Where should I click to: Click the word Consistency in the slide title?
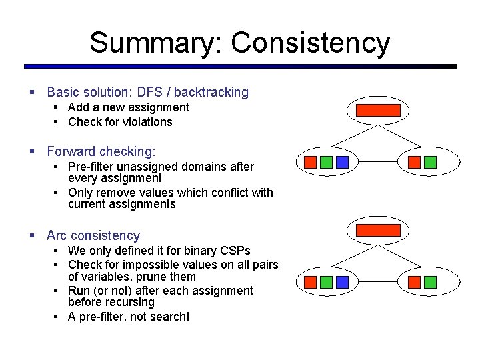[x=310, y=43]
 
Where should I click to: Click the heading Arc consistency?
[x=93, y=235]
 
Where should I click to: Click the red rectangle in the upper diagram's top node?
[x=378, y=110]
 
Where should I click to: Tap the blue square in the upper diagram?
[x=342, y=162]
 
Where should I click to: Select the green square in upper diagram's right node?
[x=430, y=162]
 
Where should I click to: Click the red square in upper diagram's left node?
[x=310, y=162]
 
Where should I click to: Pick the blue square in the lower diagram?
[x=342, y=282]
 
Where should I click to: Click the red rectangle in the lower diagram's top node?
[x=378, y=230]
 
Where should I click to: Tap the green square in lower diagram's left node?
[x=326, y=282]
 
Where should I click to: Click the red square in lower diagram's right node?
[x=414, y=282]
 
